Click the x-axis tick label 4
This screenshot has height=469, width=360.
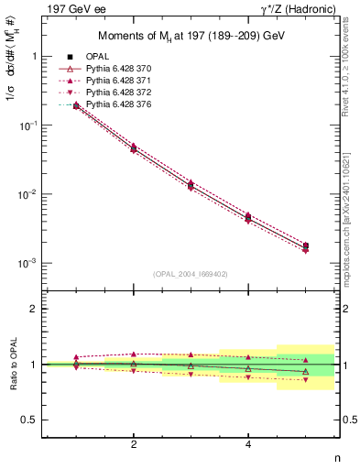click(x=248, y=444)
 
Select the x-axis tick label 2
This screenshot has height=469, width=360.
click(x=134, y=444)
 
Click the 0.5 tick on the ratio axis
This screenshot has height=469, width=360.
click(x=37, y=420)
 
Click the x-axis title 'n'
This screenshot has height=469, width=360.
click(x=337, y=459)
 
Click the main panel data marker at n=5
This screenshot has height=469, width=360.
click(x=305, y=245)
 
